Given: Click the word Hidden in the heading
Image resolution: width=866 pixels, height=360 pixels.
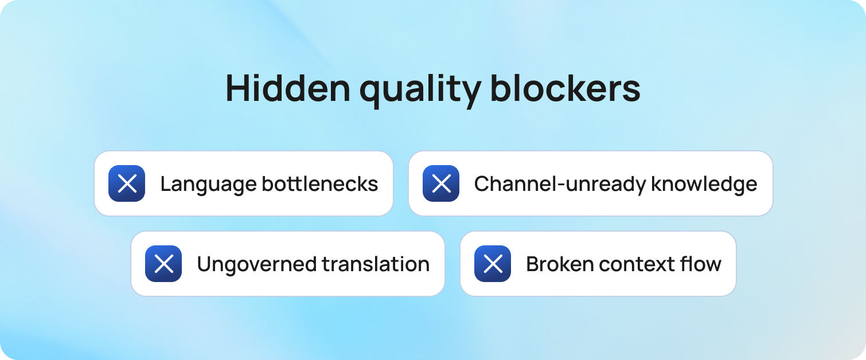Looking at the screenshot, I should [287, 88].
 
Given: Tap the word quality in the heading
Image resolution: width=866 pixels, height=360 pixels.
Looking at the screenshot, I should [418, 89].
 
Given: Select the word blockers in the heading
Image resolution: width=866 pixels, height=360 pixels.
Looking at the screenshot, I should [565, 88].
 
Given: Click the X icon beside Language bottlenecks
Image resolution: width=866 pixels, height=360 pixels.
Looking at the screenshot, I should [127, 183].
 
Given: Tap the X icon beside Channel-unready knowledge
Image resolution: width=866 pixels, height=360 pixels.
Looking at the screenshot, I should [440, 183].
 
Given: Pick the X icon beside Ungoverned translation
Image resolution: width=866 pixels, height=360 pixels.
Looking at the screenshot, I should [163, 264].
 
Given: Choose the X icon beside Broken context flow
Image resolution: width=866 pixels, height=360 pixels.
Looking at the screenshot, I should [493, 264].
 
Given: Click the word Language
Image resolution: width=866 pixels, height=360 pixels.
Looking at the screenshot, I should [208, 185].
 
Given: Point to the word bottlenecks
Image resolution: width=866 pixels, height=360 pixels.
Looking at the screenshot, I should [320, 184].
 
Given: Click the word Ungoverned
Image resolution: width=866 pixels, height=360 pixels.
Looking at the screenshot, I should [256, 265].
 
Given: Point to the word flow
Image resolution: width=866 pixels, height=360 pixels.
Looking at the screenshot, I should [702, 264].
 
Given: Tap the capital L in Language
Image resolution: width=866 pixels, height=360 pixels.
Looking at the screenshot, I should [165, 184].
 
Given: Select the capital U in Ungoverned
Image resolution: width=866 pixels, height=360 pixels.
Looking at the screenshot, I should [204, 264].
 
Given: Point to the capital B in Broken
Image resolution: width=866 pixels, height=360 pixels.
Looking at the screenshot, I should [532, 264].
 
